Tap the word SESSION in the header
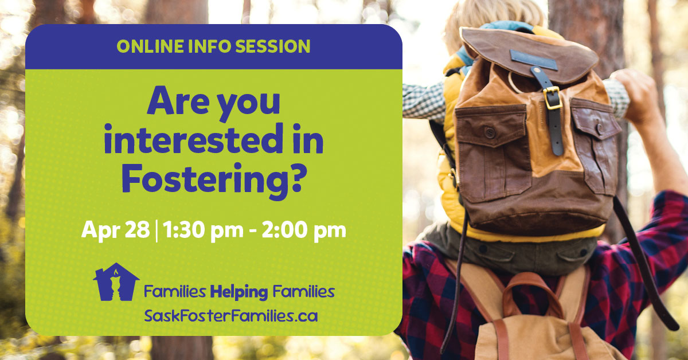click(273, 46)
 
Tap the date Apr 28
click(115, 230)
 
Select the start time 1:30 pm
click(203, 230)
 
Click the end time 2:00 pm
click(304, 230)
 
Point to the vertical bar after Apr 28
click(157, 231)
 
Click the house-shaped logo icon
click(116, 281)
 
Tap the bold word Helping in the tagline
click(239, 292)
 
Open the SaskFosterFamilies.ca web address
click(231, 316)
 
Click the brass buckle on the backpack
click(552, 98)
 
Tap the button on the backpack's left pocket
click(490, 132)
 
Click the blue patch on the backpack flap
click(534, 60)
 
